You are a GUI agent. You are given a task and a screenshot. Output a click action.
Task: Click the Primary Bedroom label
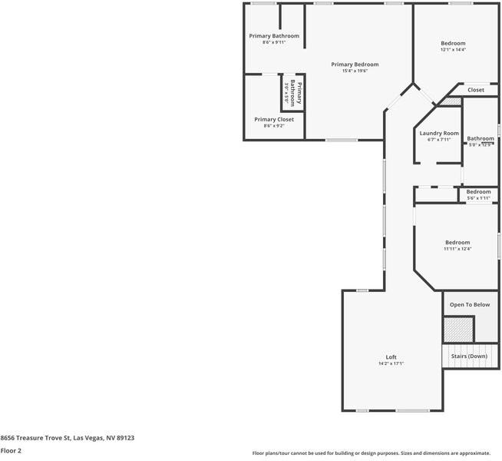355,65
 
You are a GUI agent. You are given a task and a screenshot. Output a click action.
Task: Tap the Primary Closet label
274,119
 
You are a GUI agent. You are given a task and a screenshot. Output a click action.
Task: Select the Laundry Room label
439,133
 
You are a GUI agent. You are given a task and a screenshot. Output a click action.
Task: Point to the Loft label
391,357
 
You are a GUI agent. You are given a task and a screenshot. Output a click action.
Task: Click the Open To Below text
469,305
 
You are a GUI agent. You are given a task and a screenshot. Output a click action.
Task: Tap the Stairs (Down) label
468,357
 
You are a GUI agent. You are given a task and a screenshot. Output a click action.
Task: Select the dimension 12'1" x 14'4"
453,50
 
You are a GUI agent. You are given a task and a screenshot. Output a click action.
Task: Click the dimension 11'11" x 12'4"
457,248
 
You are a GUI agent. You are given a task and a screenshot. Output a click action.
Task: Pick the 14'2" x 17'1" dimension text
391,363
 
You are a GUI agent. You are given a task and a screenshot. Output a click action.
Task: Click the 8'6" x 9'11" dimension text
274,42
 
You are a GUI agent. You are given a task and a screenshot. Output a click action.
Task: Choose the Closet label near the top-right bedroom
476,90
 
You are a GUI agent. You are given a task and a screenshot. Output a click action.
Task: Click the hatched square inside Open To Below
458,330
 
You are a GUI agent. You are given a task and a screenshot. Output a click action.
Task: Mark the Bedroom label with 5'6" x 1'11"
478,191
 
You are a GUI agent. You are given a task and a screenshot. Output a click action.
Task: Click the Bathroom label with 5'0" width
481,138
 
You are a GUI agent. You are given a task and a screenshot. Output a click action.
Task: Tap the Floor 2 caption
11,451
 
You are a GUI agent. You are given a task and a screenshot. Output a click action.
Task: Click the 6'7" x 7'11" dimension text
439,140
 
